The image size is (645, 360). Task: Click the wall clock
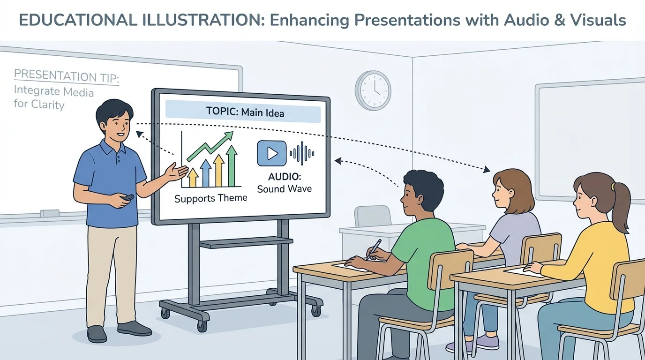point(373,90)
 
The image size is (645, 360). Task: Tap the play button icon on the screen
point(271,153)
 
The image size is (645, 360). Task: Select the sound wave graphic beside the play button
point(302,153)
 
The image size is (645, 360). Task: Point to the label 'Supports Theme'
point(210,198)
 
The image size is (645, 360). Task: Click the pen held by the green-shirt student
point(375,248)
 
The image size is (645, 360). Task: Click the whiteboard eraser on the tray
point(50,213)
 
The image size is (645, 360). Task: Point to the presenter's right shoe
point(97,333)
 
